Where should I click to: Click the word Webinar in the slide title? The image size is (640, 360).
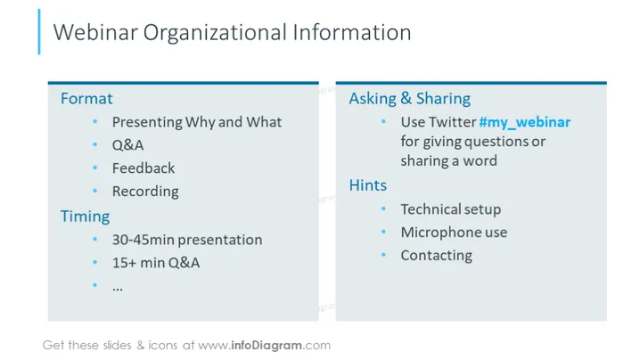[x=95, y=32]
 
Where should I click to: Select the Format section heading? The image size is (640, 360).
[x=86, y=98]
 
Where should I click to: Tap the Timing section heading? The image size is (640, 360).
[x=86, y=217]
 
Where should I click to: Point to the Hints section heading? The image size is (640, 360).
[x=368, y=185]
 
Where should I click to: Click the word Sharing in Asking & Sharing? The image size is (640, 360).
[x=443, y=99]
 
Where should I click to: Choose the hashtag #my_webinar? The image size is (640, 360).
[x=525, y=122]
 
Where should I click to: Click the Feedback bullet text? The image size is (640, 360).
[x=144, y=168]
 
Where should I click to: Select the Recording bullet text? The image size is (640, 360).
[x=145, y=192]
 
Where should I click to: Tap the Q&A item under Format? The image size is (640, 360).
[x=127, y=145]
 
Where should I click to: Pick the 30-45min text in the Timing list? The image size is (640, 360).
[x=137, y=240]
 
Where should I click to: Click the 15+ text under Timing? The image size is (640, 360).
[x=124, y=263]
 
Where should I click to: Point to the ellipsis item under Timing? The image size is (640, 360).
[x=118, y=289]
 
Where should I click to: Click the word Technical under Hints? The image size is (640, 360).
[x=431, y=209]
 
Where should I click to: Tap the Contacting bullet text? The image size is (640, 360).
[x=437, y=256]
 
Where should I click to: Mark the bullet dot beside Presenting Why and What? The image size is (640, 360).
[x=95, y=121]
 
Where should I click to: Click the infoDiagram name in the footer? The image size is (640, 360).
[x=267, y=346]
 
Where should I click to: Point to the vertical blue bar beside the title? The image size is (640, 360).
[x=39, y=32]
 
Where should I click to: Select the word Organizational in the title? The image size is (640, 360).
[x=215, y=34]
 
